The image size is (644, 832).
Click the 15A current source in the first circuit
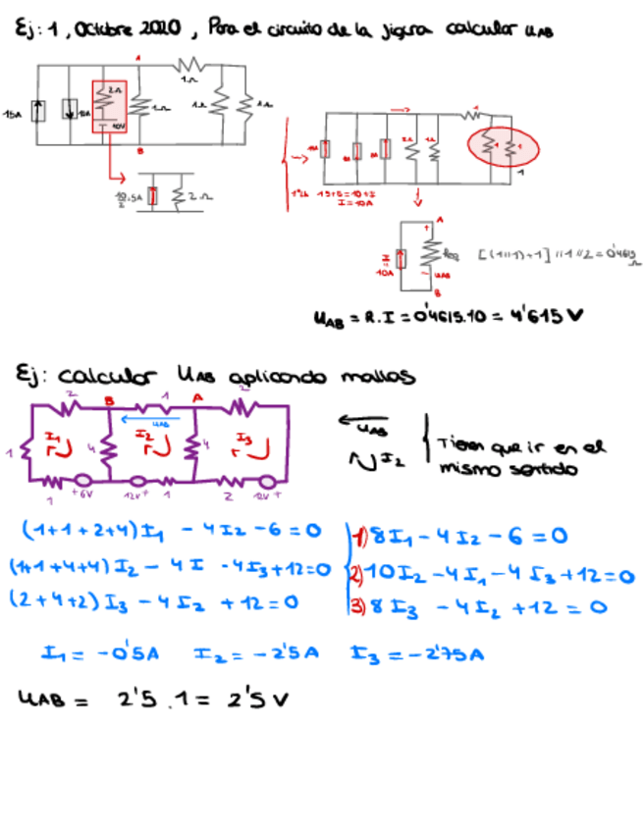(x=38, y=111)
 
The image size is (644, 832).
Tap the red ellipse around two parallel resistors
(x=505, y=148)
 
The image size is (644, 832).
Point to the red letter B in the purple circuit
(x=110, y=399)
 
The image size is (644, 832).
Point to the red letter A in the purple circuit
(x=196, y=397)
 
